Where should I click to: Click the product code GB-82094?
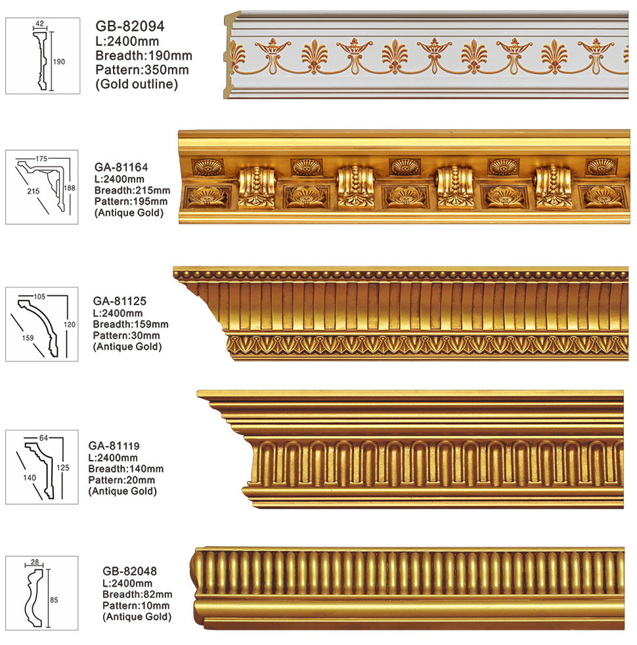(130, 26)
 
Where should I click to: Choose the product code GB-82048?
(129, 571)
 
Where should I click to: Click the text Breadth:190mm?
(143, 55)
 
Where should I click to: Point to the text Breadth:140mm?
(125, 468)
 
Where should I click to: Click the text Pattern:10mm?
(135, 605)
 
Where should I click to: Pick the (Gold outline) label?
(137, 84)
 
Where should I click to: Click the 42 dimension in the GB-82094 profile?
(39, 24)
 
